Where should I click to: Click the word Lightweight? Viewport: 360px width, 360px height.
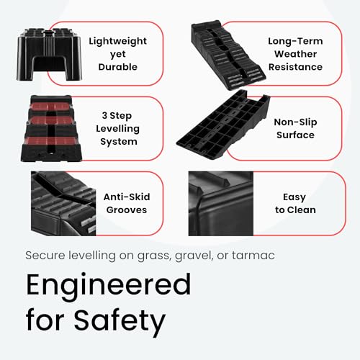tap(117, 42)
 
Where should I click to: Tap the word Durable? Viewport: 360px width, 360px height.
tap(118, 67)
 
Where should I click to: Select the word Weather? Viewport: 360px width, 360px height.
tap(295, 54)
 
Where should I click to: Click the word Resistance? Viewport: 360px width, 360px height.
tap(295, 67)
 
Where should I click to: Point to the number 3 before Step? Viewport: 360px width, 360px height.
tap(104, 115)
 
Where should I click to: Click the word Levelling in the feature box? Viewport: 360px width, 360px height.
tap(117, 129)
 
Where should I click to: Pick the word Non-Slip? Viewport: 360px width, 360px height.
tap(295, 122)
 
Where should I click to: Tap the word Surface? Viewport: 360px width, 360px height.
tap(295, 135)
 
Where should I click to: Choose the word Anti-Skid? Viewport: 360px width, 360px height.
tap(127, 197)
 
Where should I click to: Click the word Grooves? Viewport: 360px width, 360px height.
tap(127, 210)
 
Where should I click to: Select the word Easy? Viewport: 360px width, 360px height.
tap(294, 197)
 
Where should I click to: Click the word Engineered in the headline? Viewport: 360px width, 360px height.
tap(108, 286)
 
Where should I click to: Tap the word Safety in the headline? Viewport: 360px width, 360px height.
tap(120, 321)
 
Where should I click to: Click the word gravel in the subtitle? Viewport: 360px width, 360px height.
tap(194, 256)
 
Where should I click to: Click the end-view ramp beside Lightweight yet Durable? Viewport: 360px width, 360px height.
tap(49, 54)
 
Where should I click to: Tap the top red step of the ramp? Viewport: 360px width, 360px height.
tap(50, 106)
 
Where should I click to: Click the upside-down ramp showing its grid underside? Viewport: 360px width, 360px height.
tap(223, 124)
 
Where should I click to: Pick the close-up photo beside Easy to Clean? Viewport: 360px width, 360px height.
tap(221, 204)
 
